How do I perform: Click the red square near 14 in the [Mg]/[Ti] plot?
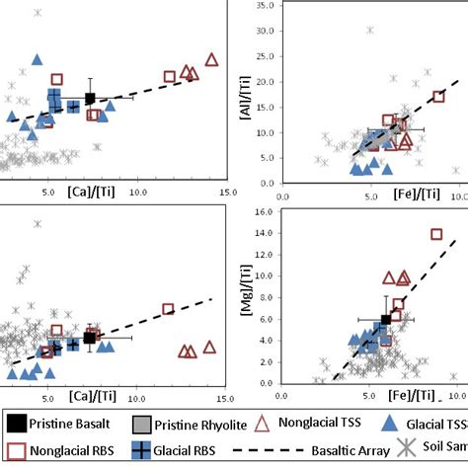(x=436, y=234)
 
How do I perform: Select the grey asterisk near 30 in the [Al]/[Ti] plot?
(x=370, y=30)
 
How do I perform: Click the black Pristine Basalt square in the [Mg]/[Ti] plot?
(x=386, y=320)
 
